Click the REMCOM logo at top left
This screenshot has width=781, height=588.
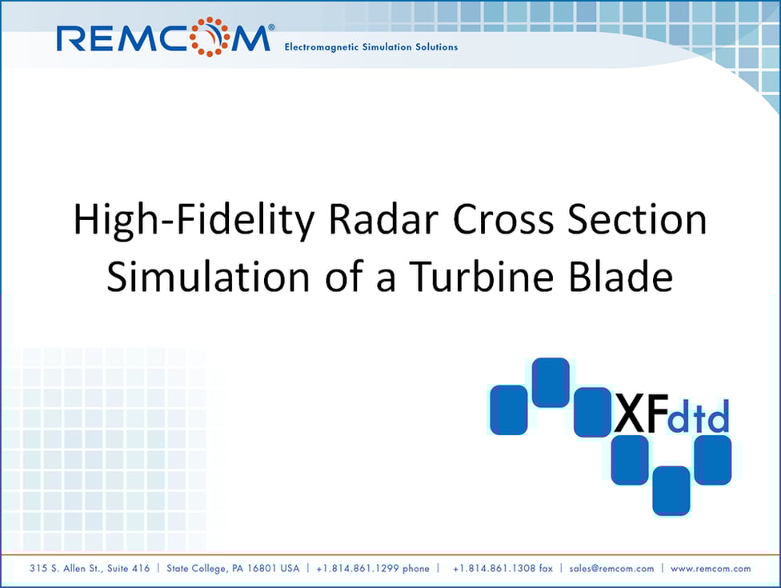164,38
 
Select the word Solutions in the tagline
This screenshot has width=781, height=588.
433,47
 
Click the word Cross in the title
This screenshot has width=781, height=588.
484,220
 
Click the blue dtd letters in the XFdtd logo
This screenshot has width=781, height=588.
699,418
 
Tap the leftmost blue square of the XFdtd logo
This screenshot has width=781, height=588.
508,410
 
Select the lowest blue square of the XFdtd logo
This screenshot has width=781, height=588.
671,490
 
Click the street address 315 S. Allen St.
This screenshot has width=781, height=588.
90,569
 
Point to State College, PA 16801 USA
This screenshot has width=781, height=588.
232,569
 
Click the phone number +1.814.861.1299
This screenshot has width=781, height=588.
373,569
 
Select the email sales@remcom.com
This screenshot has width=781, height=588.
611,569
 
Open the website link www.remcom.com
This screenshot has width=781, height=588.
711,569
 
